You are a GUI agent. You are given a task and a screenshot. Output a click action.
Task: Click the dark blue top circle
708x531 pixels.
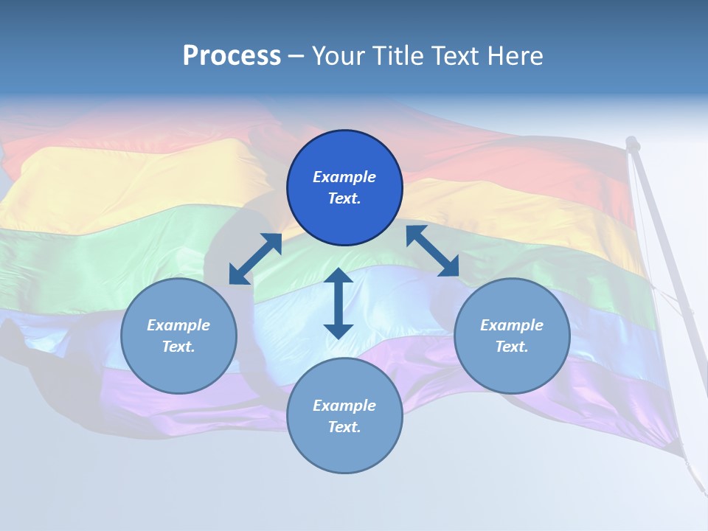[x=344, y=188]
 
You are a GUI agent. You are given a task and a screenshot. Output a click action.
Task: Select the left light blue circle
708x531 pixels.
[x=178, y=336]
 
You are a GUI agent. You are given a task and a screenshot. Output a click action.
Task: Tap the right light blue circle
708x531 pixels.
[x=512, y=336]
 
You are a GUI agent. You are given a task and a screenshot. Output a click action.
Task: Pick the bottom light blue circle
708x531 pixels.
[x=344, y=416]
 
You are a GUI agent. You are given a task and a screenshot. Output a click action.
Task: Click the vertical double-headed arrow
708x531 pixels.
[x=339, y=303]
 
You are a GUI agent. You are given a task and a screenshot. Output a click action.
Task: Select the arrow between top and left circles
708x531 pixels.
[x=256, y=259]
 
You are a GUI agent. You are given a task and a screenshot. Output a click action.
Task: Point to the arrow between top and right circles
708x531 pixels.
[x=432, y=251]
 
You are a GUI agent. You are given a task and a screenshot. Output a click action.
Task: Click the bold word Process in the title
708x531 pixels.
[x=232, y=55]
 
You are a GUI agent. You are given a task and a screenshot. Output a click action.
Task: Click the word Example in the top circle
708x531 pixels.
[x=344, y=177]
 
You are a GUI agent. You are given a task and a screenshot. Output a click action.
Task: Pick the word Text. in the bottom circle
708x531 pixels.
[x=344, y=427]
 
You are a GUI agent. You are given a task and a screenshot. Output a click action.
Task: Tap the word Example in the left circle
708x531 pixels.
[x=178, y=325]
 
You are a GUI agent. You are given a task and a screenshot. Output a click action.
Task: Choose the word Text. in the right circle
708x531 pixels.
[x=512, y=347]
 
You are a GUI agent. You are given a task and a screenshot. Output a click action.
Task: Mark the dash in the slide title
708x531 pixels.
[x=296, y=56]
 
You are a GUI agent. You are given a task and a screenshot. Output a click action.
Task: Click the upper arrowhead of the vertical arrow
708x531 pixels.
[x=339, y=276]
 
